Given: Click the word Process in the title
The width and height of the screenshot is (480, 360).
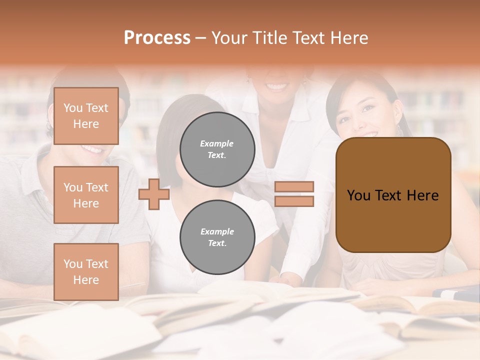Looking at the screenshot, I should click(157, 38).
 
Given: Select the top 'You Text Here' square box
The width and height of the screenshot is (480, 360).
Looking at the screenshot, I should click(86, 116).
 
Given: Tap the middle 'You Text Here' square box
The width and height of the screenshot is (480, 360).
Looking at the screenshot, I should click(86, 195).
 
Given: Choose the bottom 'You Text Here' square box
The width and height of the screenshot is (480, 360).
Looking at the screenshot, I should click(86, 272).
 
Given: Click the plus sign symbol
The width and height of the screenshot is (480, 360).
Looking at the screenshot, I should click(154, 194).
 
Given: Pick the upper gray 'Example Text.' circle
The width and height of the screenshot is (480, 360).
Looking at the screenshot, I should click(217, 149).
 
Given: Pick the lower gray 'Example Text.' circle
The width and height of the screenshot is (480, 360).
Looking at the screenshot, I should click(217, 237).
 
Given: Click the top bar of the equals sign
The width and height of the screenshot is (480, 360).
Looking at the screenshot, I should click(294, 187).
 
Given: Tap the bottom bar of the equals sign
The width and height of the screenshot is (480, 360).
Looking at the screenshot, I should click(294, 201).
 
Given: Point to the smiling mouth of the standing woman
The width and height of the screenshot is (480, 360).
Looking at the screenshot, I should click(276, 86).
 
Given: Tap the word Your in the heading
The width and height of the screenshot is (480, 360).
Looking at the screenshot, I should click(229, 38).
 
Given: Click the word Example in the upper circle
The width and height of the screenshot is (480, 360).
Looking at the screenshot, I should click(217, 144).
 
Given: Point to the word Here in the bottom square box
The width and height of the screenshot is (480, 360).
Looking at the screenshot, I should click(86, 280).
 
